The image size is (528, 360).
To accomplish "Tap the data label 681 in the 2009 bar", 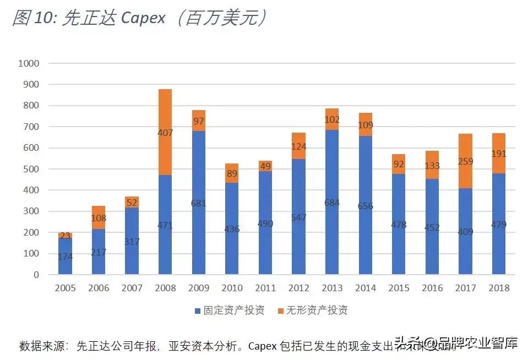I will click(x=199, y=203).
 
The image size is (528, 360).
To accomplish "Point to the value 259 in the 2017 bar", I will click(x=465, y=162).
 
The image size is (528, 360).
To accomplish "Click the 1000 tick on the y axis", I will click(x=29, y=63).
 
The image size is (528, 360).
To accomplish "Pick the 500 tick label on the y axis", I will click(x=32, y=169).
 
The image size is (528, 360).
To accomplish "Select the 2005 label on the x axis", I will click(x=65, y=288).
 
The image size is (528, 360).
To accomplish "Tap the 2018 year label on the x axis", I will click(x=499, y=288).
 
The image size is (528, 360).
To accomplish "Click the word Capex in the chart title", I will click(x=143, y=18).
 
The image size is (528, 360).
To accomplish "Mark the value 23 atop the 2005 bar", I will click(x=66, y=236).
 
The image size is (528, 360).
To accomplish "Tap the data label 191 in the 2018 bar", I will click(x=499, y=154).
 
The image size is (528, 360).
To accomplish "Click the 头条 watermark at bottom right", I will click(x=405, y=345).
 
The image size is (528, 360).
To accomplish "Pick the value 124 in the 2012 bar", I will click(x=298, y=147).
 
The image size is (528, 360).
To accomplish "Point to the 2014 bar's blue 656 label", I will click(x=365, y=206).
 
